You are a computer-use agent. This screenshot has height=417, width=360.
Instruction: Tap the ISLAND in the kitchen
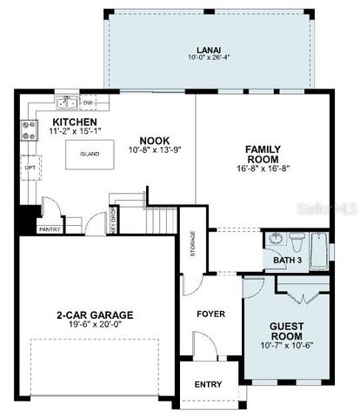point(89,154)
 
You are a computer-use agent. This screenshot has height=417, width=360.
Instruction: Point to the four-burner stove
point(28,130)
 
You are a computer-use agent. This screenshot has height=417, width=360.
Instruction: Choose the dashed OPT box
point(29,168)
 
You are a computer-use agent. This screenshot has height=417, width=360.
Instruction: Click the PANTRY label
point(49,229)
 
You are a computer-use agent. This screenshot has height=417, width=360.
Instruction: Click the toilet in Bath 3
point(297,239)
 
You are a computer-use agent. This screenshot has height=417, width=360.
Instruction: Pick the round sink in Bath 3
point(276,240)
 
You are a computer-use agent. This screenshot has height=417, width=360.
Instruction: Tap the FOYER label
point(210,314)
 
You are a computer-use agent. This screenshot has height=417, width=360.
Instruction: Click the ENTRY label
point(208,384)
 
